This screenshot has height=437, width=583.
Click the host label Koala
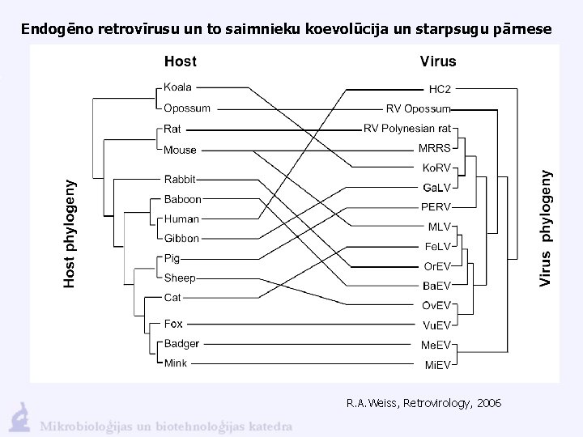[x=177, y=87]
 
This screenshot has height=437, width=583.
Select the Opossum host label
[x=187, y=108]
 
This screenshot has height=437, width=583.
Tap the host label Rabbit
[x=179, y=179]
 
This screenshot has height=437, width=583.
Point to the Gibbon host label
[x=181, y=239]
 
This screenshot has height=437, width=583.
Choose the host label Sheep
[x=180, y=278]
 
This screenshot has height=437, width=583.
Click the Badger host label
[x=181, y=344]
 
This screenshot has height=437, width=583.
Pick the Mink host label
[x=176, y=364]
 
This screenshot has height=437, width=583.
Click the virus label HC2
[x=440, y=88]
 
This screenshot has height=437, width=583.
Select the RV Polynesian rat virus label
[x=407, y=128]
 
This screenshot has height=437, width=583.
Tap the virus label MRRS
[x=435, y=148]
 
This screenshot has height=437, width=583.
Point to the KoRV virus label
[x=436, y=168]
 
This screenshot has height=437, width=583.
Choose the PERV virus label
[x=436, y=207]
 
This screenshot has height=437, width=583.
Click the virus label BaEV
[x=436, y=286]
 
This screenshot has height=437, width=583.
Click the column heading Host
[x=180, y=62]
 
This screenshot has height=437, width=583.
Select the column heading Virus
[x=438, y=62]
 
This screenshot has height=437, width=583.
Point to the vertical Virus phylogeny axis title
[x=547, y=227]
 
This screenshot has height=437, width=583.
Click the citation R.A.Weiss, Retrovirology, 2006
[x=423, y=402]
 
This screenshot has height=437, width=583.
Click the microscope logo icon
[x=19, y=417]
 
